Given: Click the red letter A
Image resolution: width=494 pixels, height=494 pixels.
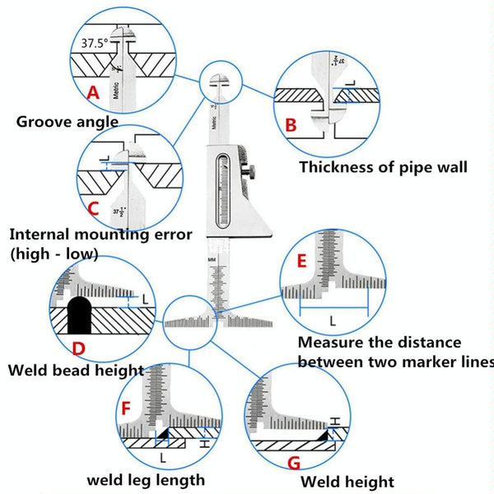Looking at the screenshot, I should [93, 93].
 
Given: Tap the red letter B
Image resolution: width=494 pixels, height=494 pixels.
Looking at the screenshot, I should [290, 124].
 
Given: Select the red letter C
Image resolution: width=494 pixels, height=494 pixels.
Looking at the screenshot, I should [93, 208].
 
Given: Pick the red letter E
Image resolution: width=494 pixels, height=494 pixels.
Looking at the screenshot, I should [302, 263].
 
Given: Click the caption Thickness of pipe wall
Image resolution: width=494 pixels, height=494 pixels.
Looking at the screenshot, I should [383, 167].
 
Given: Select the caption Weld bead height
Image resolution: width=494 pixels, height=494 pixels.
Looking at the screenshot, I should [76, 370].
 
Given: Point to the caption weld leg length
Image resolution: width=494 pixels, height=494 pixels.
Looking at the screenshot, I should [146, 479].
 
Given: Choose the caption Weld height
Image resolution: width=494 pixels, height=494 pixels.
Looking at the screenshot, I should [347, 482].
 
